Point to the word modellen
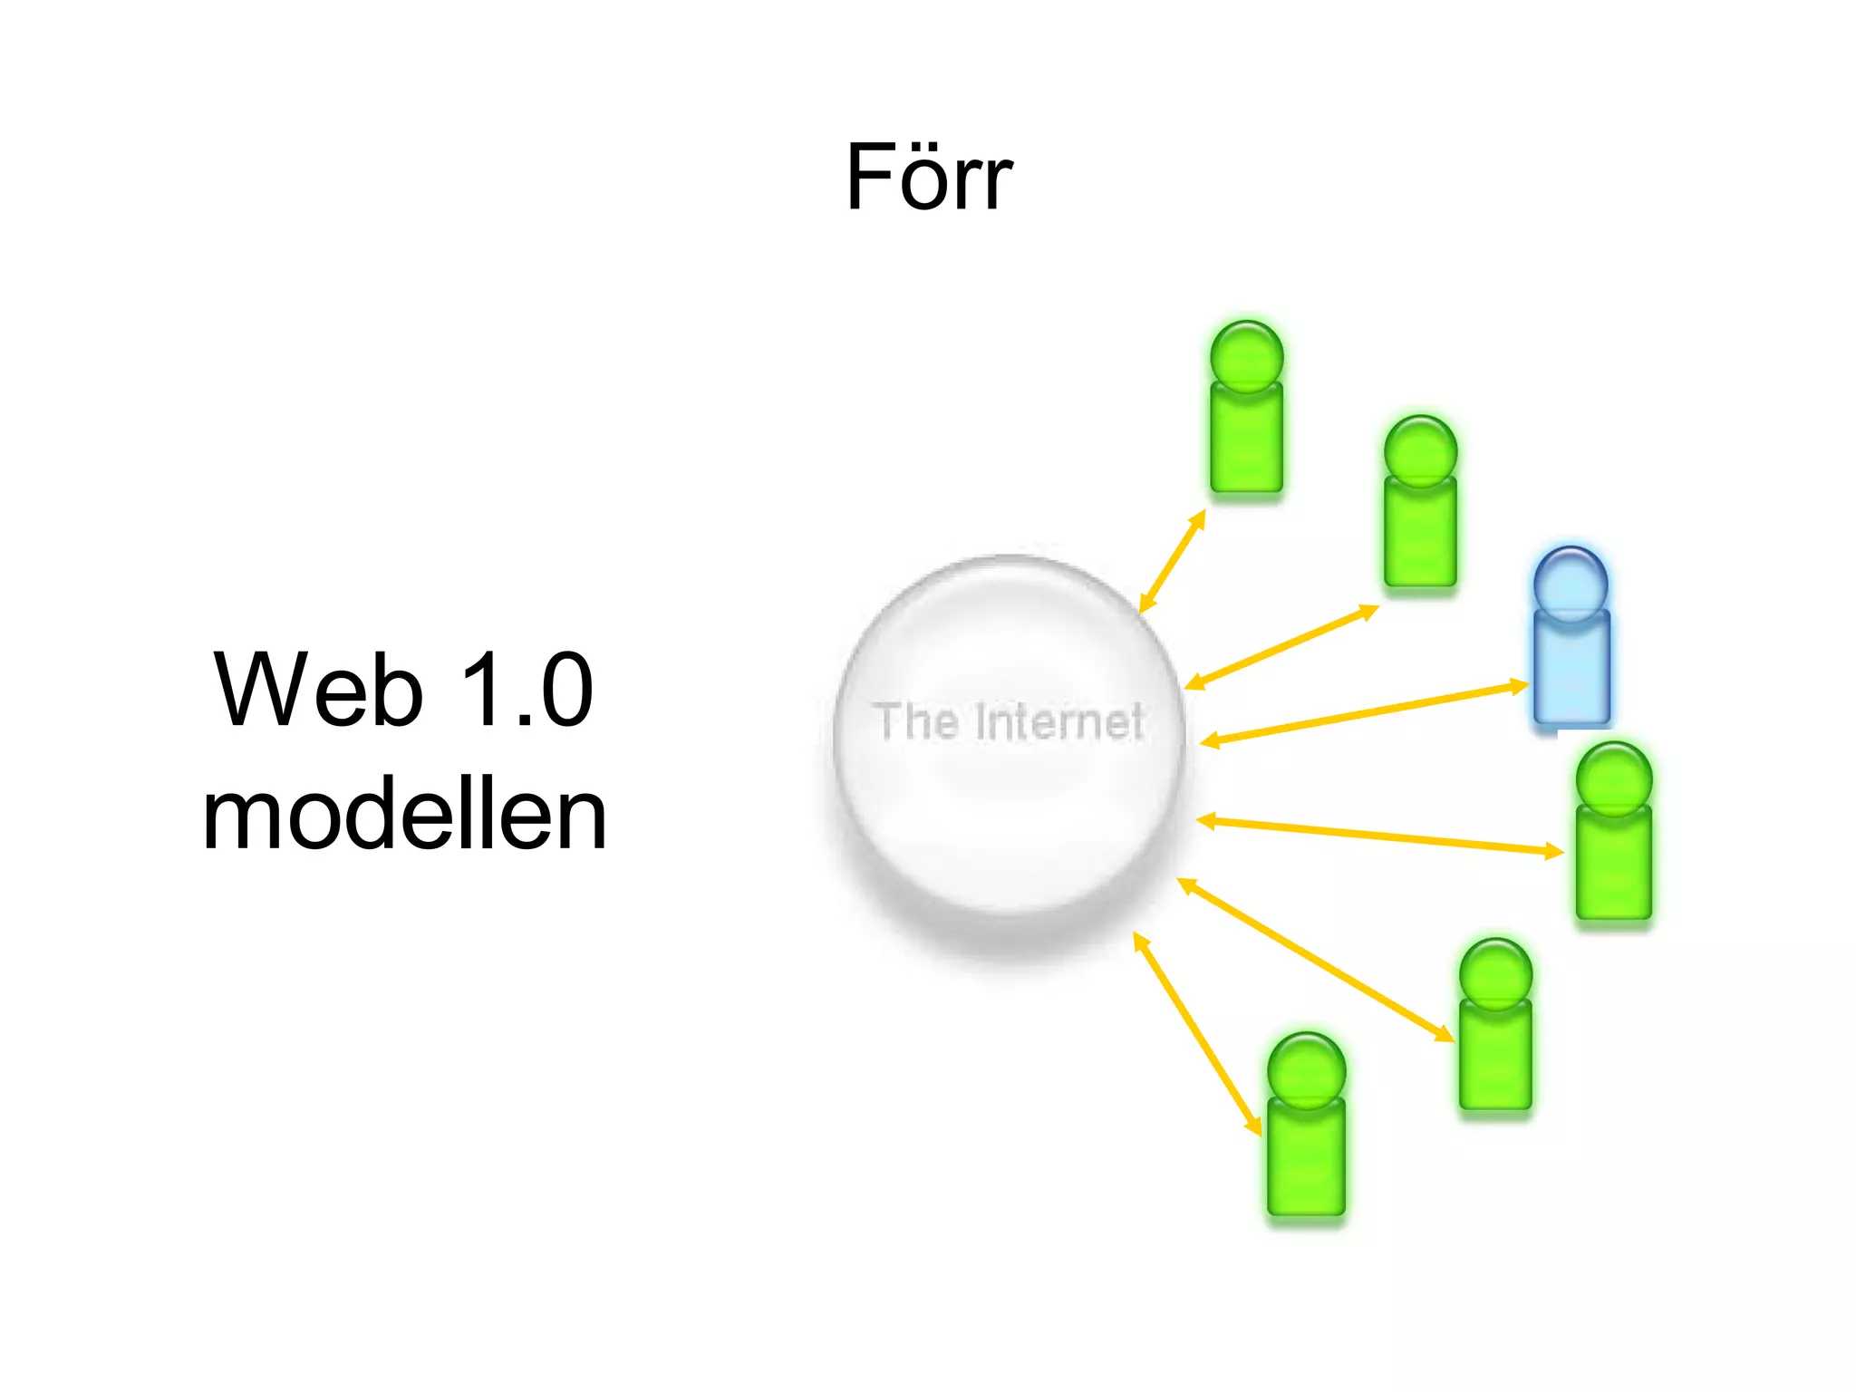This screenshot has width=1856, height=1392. pos(404,817)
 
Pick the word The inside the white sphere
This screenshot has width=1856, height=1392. pos(916,722)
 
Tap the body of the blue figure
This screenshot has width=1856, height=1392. pos(1571,668)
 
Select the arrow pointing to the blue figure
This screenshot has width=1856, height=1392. pos(1364,714)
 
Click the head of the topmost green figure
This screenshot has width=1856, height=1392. pos(1247,356)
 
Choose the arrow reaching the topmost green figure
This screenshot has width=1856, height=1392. pos(1172,561)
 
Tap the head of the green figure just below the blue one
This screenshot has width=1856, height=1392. pos(1614,778)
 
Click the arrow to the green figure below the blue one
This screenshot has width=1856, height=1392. pos(1379,836)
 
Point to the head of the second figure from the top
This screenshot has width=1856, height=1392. pos(1420,451)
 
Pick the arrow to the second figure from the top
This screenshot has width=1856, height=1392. pos(1281,646)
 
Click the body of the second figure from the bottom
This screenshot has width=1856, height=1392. pos(1495,1053)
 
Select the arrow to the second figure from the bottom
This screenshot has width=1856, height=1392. pos(1315,960)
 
